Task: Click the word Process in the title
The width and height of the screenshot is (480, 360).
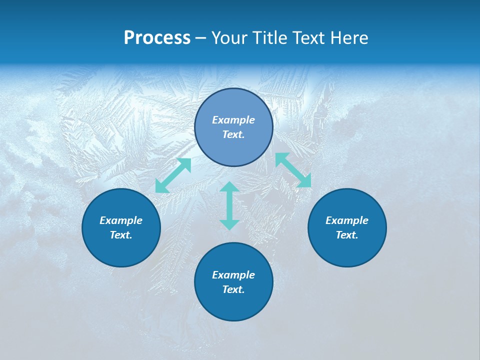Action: click(157, 38)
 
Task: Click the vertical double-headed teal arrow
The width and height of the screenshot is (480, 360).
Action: click(229, 205)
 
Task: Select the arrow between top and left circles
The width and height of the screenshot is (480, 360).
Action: click(173, 175)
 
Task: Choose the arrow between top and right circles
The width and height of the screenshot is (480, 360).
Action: click(293, 170)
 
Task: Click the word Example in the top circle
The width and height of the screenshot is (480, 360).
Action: click(233, 120)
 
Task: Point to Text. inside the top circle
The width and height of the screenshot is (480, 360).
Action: click(233, 134)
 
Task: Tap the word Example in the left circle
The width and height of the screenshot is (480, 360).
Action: click(121, 220)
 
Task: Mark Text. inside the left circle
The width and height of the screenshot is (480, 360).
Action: click(121, 235)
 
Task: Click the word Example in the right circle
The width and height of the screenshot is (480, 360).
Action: click(347, 220)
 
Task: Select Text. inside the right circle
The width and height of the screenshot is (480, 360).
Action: click(347, 235)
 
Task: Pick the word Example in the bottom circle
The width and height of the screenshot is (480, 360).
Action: click(233, 275)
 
